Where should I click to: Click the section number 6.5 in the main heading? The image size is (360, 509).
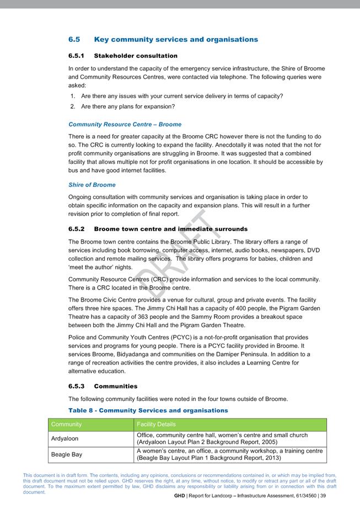click(74, 40)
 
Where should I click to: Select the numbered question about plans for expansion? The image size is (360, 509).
click(127, 106)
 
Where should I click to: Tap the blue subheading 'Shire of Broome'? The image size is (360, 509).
click(92, 185)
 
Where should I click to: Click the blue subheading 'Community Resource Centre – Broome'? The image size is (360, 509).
click(125, 124)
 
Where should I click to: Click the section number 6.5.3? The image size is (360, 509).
click(77, 386)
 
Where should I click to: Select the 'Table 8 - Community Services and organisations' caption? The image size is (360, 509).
click(148, 410)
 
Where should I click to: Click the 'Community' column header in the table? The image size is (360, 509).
click(66, 425)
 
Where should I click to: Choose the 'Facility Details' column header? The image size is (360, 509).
click(156, 425)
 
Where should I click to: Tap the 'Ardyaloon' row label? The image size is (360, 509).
click(65, 439)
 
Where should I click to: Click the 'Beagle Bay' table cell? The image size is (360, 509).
click(66, 455)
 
